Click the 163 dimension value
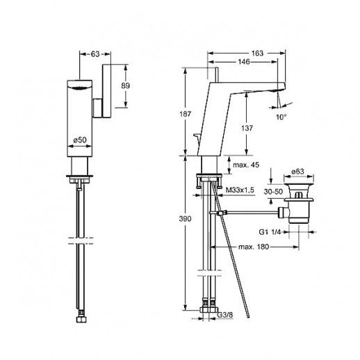(257, 54)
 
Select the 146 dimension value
(244, 62)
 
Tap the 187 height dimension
(186, 114)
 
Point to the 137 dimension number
(247, 128)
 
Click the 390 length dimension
(186, 219)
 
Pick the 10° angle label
(281, 117)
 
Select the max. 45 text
(246, 165)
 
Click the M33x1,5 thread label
(240, 190)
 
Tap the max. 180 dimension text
(254, 247)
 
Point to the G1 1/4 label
(270, 232)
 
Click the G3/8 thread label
(225, 315)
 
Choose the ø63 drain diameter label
(297, 172)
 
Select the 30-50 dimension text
(273, 192)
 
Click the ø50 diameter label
(80, 140)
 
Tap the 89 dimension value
(126, 85)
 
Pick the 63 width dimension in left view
(95, 54)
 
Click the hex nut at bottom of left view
(81, 320)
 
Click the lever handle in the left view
(106, 91)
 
